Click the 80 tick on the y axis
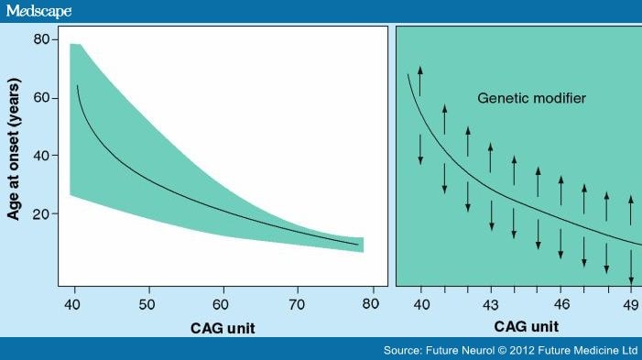coord(41,40)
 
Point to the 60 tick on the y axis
coord(41,98)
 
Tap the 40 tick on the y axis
coord(41,156)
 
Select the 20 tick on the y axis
coord(41,213)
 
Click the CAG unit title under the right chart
coord(526,325)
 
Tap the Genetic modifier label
coord(531,97)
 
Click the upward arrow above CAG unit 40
coord(420,81)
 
